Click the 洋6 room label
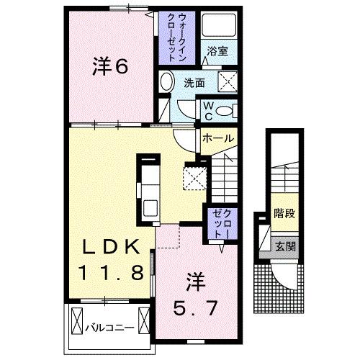coord(109,66)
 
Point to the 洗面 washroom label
coord(194,83)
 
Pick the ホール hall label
coord(216,138)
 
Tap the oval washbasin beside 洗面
coord(167,81)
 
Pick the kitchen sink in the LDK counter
coord(150,207)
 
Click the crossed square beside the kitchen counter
coord(194,177)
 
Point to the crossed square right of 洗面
coord(228,81)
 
